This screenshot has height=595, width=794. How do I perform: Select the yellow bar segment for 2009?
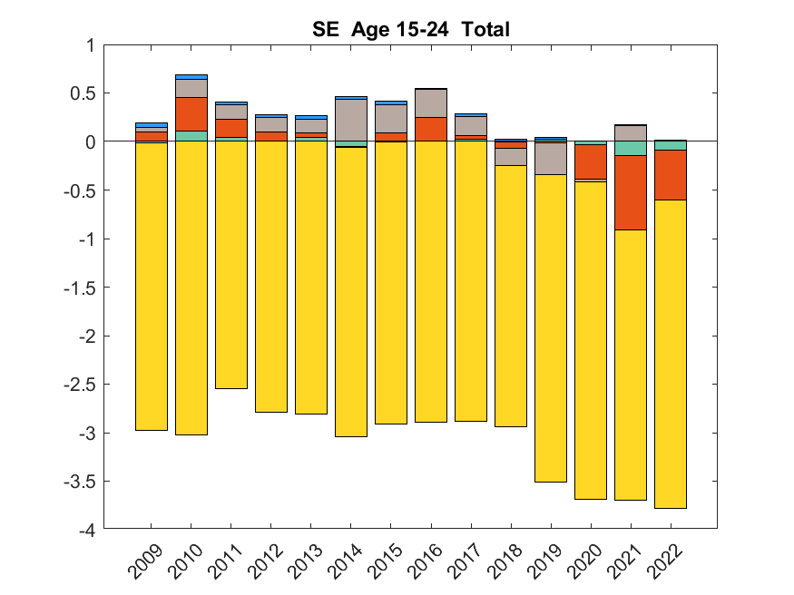pyautogui.click(x=152, y=286)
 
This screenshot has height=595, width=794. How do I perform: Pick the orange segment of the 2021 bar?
pyautogui.click(x=631, y=192)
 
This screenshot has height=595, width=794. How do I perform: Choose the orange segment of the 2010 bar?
pyautogui.click(x=191, y=113)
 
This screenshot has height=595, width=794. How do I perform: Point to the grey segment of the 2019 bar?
pyautogui.click(x=551, y=159)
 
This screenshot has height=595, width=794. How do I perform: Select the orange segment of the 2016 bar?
pyautogui.click(x=431, y=129)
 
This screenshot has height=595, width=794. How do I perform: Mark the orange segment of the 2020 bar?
pyautogui.click(x=591, y=161)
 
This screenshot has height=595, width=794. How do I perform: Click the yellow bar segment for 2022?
pyautogui.click(x=671, y=354)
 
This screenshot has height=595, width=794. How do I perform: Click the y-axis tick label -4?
pyautogui.click(x=86, y=530)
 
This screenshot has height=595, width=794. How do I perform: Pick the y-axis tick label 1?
pyautogui.click(x=90, y=44)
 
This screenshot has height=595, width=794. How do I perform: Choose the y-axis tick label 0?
pyautogui.click(x=90, y=141)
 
